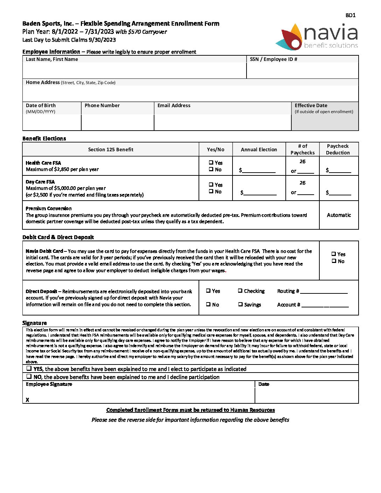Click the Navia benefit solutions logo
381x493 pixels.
(319, 36)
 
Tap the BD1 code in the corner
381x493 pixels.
(350, 15)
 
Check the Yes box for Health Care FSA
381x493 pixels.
(211, 162)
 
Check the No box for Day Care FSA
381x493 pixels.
(211, 191)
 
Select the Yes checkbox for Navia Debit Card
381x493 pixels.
(334, 254)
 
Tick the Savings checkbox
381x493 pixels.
(241, 304)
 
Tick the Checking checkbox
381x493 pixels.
(240, 291)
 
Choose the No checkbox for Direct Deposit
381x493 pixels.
(208, 304)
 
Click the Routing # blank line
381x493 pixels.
(324, 292)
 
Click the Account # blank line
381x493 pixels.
(325, 305)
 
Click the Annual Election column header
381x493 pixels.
(259, 150)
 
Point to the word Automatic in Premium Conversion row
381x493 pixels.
(339, 215)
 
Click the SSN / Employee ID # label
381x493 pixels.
(273, 59)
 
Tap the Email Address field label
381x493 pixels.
(174, 105)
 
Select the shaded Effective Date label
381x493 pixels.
(311, 105)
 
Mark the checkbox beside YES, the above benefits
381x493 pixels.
(29, 368)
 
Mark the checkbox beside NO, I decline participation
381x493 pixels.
(29, 376)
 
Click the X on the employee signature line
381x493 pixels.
(27, 400)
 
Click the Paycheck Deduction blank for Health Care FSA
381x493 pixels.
(340, 171)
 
